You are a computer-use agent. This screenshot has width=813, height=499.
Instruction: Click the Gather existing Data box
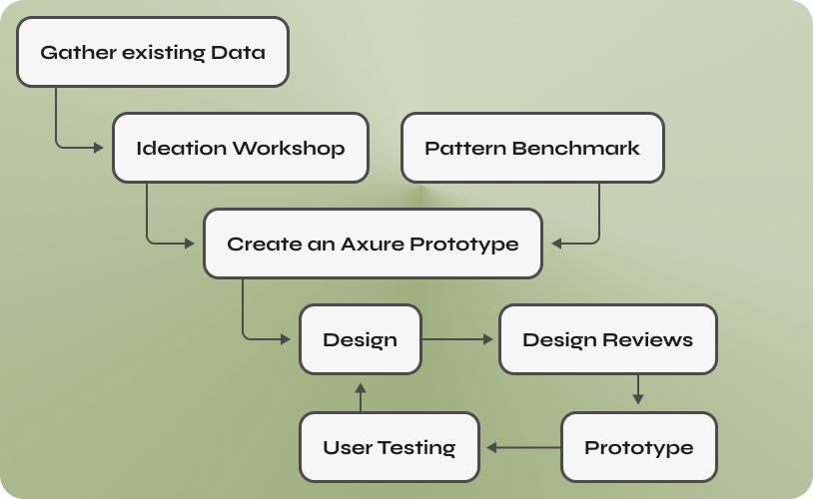[x=153, y=52]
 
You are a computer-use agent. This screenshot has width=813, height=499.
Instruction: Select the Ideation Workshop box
[x=241, y=148]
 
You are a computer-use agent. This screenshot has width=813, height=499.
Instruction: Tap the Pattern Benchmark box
[x=532, y=148]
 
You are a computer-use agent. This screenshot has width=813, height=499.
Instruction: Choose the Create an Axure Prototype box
[x=373, y=244]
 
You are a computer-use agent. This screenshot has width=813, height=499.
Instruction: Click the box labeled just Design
[x=361, y=339]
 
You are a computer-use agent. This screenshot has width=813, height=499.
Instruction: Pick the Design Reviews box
[x=607, y=339]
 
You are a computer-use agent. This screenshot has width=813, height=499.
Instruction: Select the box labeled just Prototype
[x=639, y=447]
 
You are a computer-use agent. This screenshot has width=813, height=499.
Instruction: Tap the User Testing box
[x=390, y=447]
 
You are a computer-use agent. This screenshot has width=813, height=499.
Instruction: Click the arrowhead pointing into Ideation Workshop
[x=99, y=148]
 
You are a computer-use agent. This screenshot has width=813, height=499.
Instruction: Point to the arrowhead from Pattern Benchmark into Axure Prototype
[x=556, y=244]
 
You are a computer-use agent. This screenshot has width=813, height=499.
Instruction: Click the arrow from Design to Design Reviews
[x=457, y=339]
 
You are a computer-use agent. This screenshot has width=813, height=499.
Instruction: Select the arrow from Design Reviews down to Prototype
[x=638, y=389]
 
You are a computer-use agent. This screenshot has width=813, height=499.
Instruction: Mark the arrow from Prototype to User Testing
[x=523, y=447]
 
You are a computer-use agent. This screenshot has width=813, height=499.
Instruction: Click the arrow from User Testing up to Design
[x=361, y=397]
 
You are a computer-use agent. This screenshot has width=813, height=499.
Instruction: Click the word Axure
[x=373, y=244]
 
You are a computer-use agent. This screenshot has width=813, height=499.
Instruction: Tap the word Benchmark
[x=575, y=148]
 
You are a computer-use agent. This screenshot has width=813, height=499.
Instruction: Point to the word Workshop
[x=289, y=148]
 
